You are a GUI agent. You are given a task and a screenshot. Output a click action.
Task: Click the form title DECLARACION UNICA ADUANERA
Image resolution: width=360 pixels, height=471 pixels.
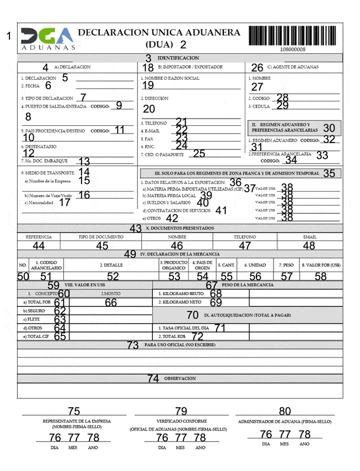(159, 33)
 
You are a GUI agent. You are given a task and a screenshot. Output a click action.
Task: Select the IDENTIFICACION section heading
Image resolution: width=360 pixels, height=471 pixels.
(178, 58)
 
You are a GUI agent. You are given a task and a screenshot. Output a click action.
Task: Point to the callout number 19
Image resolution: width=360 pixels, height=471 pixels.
(147, 85)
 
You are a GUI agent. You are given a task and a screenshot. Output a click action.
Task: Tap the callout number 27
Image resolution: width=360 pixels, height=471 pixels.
(257, 86)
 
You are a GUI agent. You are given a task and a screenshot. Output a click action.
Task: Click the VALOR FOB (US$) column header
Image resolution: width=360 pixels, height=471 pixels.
(321, 265)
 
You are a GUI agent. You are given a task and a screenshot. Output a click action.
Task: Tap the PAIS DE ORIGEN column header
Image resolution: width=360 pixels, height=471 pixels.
(203, 265)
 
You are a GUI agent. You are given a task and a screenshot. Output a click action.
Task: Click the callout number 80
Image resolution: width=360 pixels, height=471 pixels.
(285, 411)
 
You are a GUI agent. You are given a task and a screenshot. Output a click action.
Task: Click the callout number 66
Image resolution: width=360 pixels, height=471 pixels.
(111, 302)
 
